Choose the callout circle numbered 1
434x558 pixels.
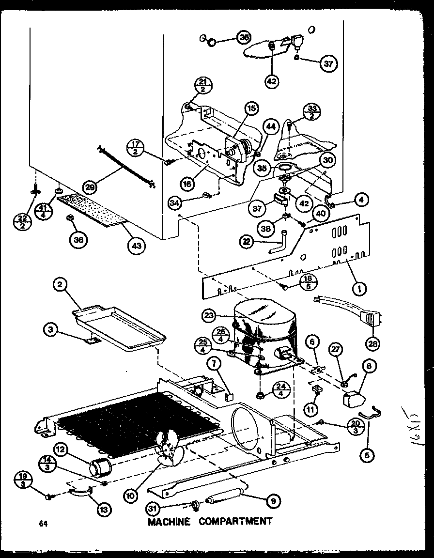pos(359,290)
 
